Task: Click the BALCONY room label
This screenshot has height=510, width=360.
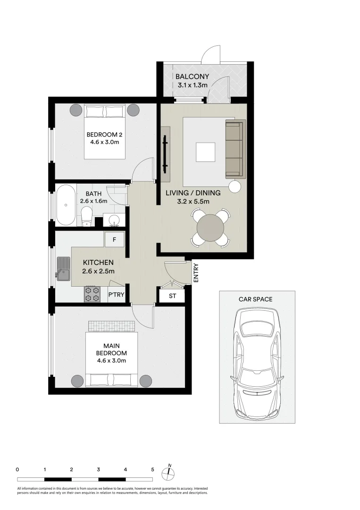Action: coord(192,76)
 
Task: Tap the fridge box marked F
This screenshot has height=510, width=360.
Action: coord(114,239)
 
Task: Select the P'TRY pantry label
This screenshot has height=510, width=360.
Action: coord(116,295)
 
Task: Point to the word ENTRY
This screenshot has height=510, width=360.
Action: coord(196,273)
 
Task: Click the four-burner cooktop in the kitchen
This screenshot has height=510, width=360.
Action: coord(92,294)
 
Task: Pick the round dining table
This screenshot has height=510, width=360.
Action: coord(210,228)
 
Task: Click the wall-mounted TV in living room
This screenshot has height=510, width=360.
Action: coord(165,154)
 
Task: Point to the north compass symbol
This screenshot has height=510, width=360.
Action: coord(169,472)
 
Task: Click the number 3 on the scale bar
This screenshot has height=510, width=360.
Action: coord(98,470)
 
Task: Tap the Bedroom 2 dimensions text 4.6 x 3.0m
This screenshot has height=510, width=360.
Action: coord(105,141)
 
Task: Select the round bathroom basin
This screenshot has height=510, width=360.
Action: coord(114,220)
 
